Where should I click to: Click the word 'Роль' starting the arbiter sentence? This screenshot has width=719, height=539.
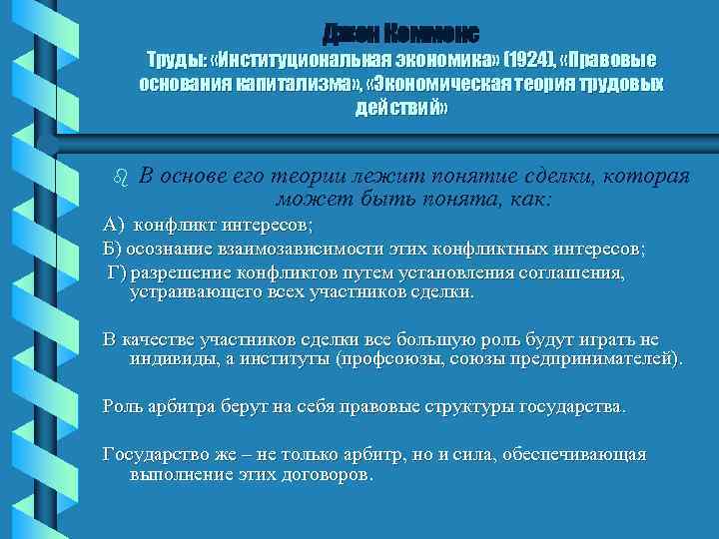(x=123, y=407)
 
